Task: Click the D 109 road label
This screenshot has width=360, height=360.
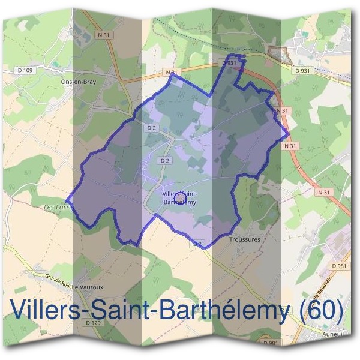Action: point(26,71)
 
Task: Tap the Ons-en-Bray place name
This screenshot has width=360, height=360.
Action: point(79,80)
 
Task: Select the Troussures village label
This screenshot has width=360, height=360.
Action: point(245,239)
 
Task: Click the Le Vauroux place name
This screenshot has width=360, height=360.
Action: point(84,287)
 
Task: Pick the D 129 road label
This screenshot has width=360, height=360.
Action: point(92,323)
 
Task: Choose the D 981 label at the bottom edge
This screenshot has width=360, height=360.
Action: point(271,343)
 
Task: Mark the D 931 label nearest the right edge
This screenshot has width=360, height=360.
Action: point(302,71)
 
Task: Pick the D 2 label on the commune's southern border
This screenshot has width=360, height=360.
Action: point(197,244)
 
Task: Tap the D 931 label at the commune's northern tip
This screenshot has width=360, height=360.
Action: point(229,62)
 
